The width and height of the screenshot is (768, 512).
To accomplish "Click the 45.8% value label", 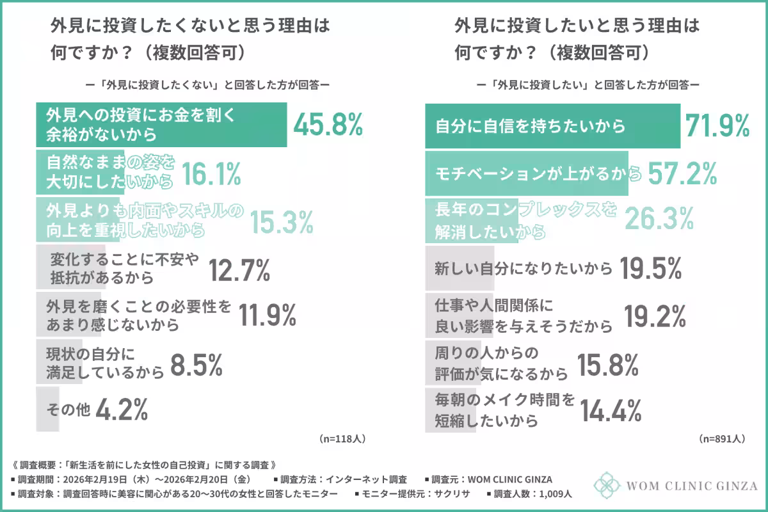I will click(328, 124).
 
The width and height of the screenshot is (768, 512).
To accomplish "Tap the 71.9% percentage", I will click(717, 126).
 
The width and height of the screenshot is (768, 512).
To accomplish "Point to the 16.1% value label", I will click(211, 173).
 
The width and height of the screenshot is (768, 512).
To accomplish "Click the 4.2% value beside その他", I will click(122, 409).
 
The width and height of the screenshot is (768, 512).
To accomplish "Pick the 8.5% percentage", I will click(196, 365).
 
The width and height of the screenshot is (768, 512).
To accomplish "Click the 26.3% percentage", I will click(659, 219).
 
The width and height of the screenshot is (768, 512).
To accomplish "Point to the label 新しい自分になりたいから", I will click(524, 269).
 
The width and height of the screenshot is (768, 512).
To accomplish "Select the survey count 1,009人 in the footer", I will click(551, 494).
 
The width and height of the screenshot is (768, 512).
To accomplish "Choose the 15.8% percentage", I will click(607, 365).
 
